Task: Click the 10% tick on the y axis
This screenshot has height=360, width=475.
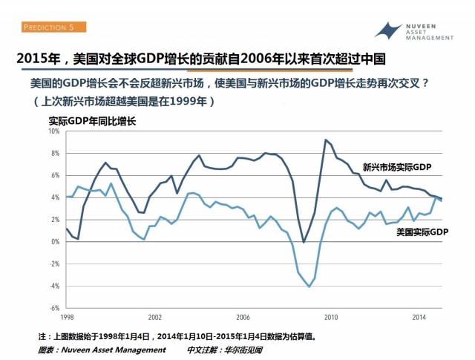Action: (53, 131)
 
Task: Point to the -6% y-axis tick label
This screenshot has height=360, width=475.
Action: (53, 307)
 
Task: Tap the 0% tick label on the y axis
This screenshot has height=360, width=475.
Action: (55, 241)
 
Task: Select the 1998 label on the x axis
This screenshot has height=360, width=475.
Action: (66, 317)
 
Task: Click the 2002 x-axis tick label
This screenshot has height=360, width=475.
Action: (154, 317)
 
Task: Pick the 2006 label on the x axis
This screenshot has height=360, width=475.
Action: (242, 317)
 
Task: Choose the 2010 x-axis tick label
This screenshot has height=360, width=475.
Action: (330, 317)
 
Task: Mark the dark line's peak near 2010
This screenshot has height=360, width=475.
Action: (325, 140)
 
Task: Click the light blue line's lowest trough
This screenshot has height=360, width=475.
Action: (309, 287)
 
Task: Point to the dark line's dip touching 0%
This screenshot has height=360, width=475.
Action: (304, 242)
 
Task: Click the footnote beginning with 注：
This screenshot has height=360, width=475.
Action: (178, 336)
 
